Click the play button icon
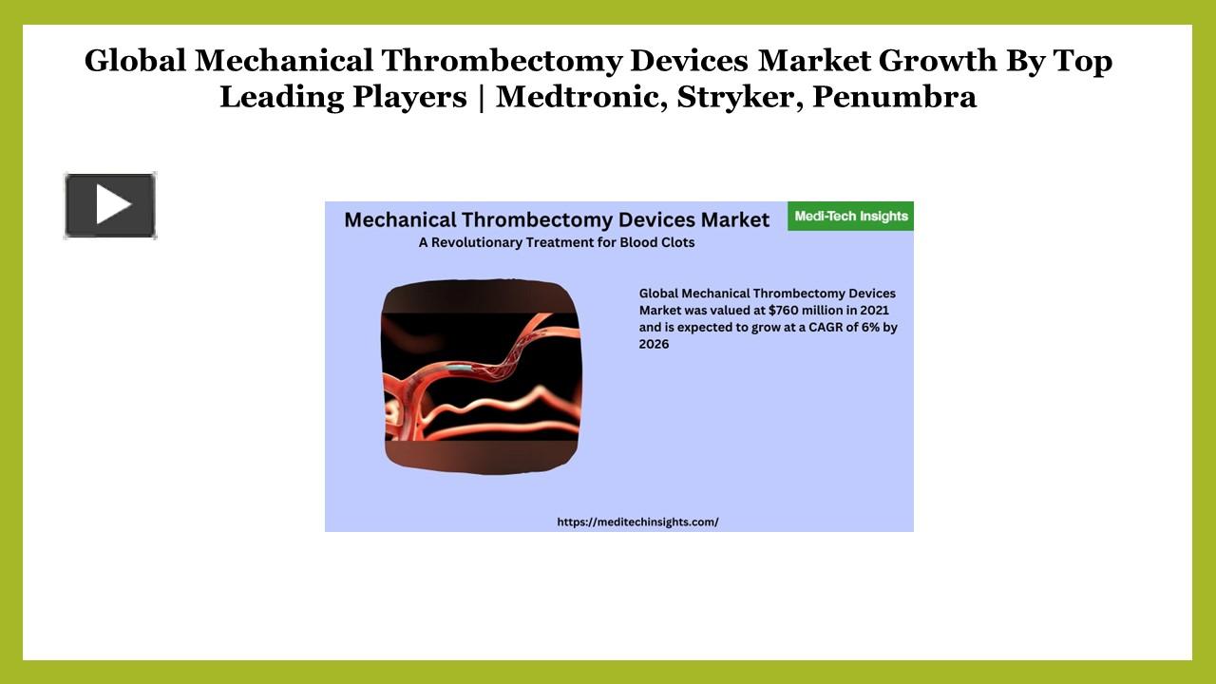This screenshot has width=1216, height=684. pos(110,205)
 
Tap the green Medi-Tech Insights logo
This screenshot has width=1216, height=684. pos(850,216)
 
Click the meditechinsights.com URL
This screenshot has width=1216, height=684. pos(637,522)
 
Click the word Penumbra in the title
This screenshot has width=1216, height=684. pos(895,97)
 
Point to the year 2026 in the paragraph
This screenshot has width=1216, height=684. pos(654,344)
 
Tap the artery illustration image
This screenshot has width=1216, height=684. pos(481,376)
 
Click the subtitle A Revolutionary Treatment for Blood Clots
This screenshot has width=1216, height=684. pos(557,242)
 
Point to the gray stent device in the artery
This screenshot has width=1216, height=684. pos(459,367)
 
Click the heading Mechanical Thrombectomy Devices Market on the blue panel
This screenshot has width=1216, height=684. pos(557,219)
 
